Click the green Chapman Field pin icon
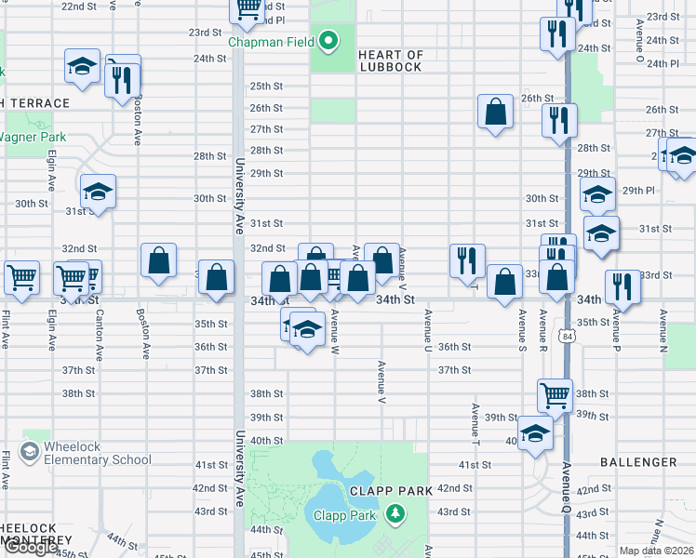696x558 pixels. [328, 41]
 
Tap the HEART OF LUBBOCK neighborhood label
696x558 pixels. [391, 61]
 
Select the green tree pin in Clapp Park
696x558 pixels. [395, 513]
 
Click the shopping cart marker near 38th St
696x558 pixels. [555, 394]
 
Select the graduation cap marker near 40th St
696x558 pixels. [535, 433]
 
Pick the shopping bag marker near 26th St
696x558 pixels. [496, 112]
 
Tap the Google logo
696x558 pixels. [30, 548]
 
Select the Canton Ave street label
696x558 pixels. [99, 335]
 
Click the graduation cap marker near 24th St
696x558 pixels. [82, 67]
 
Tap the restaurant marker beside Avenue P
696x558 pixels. [622, 286]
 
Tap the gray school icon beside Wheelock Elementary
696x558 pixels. [30, 452]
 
